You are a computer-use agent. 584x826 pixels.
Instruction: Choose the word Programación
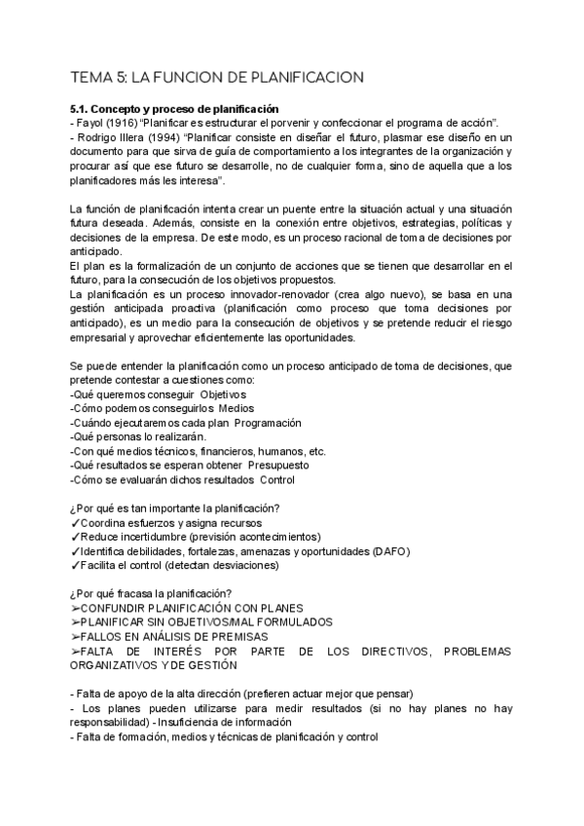(x=259, y=423)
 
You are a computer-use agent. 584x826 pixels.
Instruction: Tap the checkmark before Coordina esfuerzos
(x=75, y=522)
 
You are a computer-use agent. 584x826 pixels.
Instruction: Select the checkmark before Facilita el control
(x=75, y=565)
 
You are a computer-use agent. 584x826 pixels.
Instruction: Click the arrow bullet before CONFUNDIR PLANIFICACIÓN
(x=77, y=608)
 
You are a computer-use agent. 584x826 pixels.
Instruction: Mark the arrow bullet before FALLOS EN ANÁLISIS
(x=77, y=637)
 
